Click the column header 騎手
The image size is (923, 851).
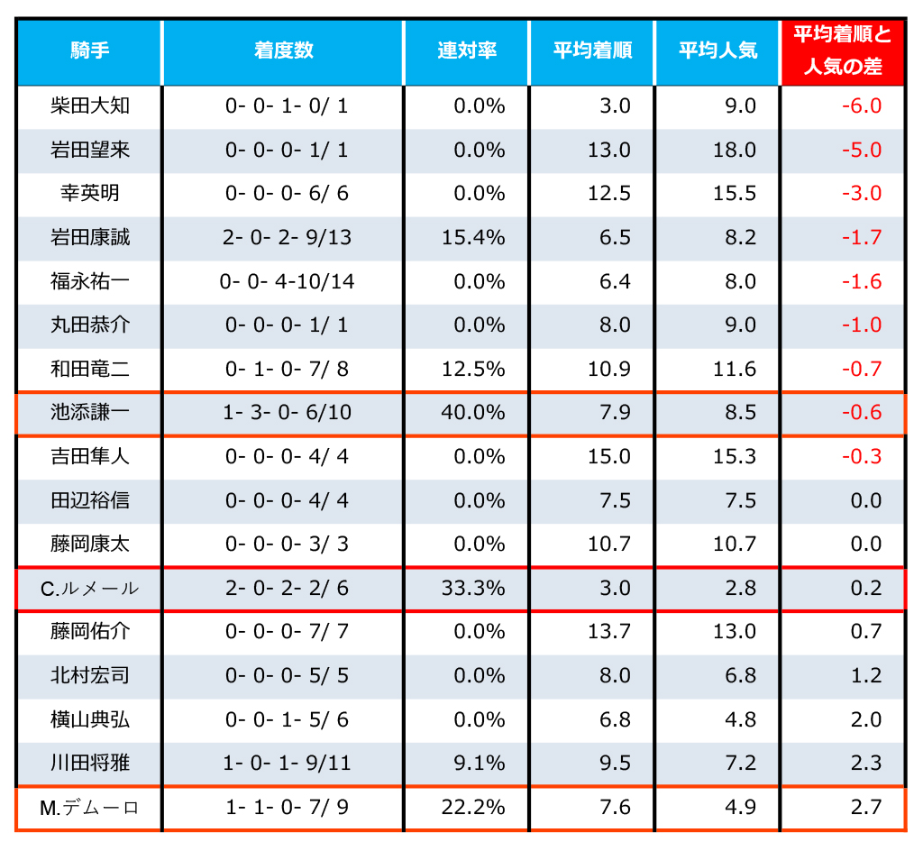(89, 51)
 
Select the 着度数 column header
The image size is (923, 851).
(283, 51)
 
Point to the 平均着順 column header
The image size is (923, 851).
(592, 51)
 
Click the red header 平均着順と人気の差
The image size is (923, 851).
(842, 51)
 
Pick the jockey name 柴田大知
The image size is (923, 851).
(90, 106)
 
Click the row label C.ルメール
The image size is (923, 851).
(90, 589)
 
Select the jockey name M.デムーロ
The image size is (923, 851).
(90, 808)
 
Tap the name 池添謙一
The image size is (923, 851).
(90, 413)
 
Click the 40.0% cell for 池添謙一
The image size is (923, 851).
(473, 413)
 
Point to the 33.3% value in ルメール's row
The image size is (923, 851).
(473, 589)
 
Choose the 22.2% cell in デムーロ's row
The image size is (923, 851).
(473, 808)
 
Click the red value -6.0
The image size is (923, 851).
(861, 106)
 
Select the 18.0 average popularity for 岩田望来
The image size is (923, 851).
(735, 150)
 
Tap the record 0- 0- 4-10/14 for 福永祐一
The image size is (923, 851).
(288, 281)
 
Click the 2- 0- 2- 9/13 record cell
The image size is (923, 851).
(288, 238)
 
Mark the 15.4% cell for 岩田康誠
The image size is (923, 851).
(473, 238)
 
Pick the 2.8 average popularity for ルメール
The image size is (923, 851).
(740, 589)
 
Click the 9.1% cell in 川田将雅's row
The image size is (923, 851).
(479, 764)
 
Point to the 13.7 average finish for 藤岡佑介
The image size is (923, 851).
(609, 632)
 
